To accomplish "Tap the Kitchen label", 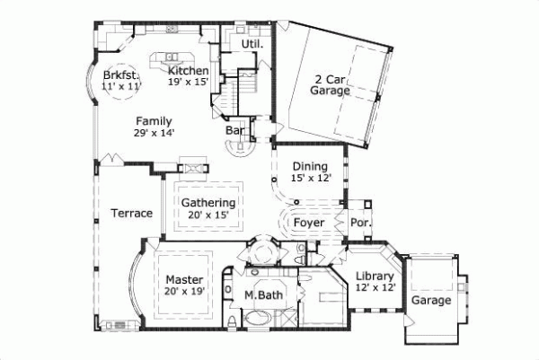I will pyautogui.click(x=189, y=70).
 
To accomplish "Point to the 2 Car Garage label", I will pyautogui.click(x=330, y=84).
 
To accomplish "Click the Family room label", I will pyautogui.click(x=155, y=121).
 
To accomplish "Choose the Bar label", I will pyautogui.click(x=234, y=131).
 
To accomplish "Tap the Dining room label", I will pyautogui.click(x=311, y=167).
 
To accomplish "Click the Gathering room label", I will pyautogui.click(x=208, y=204).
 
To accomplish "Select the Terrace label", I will pyautogui.click(x=131, y=213).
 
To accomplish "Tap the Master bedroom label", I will pyautogui.click(x=184, y=280).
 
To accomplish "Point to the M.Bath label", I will pyautogui.click(x=263, y=295).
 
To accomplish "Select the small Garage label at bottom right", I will pyautogui.click(x=431, y=301).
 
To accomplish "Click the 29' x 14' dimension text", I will pyautogui.click(x=155, y=133).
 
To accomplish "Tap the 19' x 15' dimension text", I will pyautogui.click(x=189, y=82).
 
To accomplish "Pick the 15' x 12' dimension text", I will pyautogui.click(x=311, y=179).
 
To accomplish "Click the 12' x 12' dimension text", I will pyautogui.click(x=374, y=288).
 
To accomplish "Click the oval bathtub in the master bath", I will pyautogui.click(x=260, y=318).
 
